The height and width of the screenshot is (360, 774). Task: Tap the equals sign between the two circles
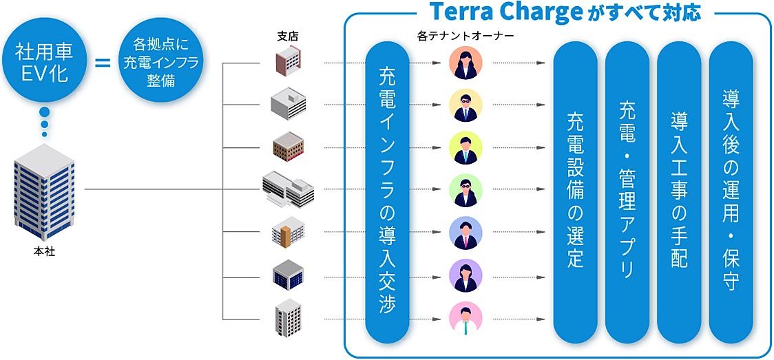(x=102, y=63)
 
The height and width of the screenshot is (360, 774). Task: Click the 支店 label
(x=288, y=36)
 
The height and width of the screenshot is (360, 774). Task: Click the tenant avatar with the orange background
(x=466, y=63)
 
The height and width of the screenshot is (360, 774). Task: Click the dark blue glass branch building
(x=288, y=275)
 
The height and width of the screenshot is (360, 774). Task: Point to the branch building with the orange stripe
(x=288, y=233)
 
